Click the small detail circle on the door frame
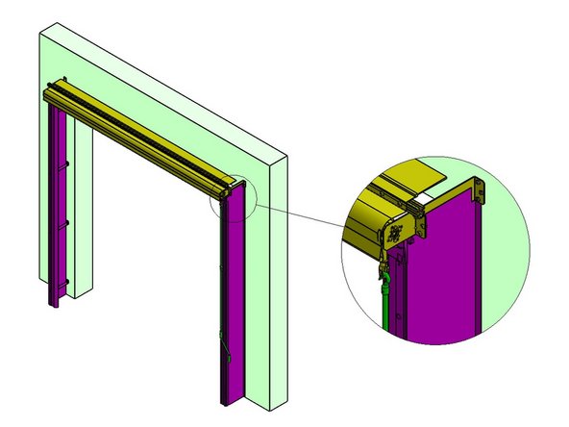tap(232, 201)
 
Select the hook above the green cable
tap(383, 260)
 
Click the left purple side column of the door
tap(57, 202)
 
